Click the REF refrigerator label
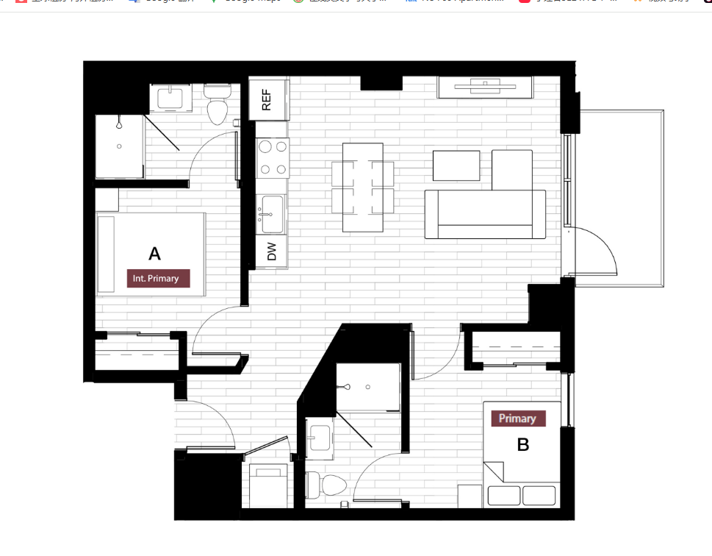pos(266,99)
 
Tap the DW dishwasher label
pos(271,252)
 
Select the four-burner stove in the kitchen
pos(273,158)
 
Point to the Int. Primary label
pos(157,278)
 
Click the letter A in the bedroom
pos(154,254)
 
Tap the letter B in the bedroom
pos(522,445)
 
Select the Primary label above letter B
pos(517,418)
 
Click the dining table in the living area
pos(362,187)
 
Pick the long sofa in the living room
pos(485,214)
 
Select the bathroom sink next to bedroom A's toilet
pos(170,97)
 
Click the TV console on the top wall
pos(485,88)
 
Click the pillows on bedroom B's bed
pos(522,495)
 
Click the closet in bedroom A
pos(137,354)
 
